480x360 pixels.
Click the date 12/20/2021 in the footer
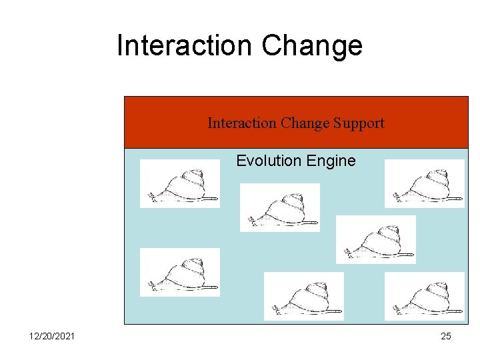pyautogui.click(x=52, y=336)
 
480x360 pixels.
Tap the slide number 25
pyautogui.click(x=446, y=336)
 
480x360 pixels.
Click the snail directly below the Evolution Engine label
pyautogui.click(x=279, y=207)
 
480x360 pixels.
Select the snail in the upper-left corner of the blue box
pyautogui.click(x=179, y=184)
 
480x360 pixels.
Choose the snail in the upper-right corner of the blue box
pyautogui.click(x=424, y=184)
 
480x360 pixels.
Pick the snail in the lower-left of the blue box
pyautogui.click(x=179, y=272)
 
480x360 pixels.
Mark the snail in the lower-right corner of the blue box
pyautogui.click(x=424, y=296)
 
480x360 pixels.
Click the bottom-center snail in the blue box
pyautogui.click(x=303, y=296)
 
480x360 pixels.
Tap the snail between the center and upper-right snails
pyautogui.click(x=375, y=239)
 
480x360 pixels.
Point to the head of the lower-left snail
pyautogui.click(x=153, y=285)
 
